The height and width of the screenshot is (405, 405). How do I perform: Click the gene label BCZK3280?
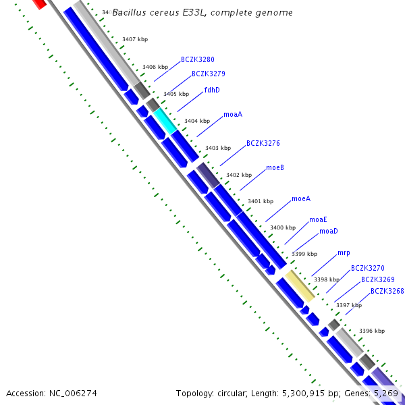pos(198,60)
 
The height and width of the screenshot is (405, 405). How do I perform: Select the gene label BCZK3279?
pos(209,74)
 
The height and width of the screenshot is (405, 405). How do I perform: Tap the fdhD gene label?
pos(212,90)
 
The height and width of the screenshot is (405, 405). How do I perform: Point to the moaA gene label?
pos(233,115)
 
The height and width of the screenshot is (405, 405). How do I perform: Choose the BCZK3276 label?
pos(263,144)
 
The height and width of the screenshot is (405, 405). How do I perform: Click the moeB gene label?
pos(275,167)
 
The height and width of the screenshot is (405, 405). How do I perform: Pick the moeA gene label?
pos(301,199)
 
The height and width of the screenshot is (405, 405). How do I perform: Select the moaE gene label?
pos(318,219)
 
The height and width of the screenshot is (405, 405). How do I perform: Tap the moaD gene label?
pos(329,232)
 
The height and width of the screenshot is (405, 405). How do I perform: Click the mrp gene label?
pos(344,253)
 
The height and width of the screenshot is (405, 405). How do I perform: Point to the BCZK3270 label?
pos(368,269)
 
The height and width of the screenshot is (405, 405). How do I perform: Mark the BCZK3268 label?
pos(387,292)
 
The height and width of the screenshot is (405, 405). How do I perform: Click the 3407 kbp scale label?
pos(135,40)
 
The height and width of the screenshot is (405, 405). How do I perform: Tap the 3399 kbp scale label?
pos(304,254)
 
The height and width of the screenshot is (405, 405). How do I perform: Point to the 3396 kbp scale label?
pos(372,331)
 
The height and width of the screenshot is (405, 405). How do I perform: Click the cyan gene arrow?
pos(165,119)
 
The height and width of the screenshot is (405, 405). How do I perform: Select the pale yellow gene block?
pos(299,286)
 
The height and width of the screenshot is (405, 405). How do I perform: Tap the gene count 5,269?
pos(386,393)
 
